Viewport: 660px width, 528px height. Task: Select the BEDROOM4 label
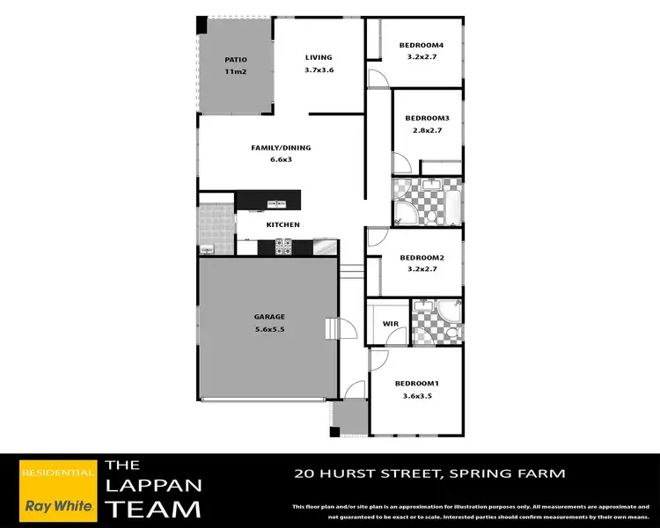coord(421,45)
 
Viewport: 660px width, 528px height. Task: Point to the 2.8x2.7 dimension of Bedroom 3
coord(427,129)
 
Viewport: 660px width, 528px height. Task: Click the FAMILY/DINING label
coord(281,148)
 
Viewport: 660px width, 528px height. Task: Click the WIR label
coord(391,324)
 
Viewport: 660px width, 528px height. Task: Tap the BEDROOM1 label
coord(415,384)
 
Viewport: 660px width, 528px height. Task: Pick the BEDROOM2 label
coord(421,258)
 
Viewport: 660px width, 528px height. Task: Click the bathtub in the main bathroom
coord(452,202)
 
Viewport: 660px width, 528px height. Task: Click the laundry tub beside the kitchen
coord(208,246)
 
